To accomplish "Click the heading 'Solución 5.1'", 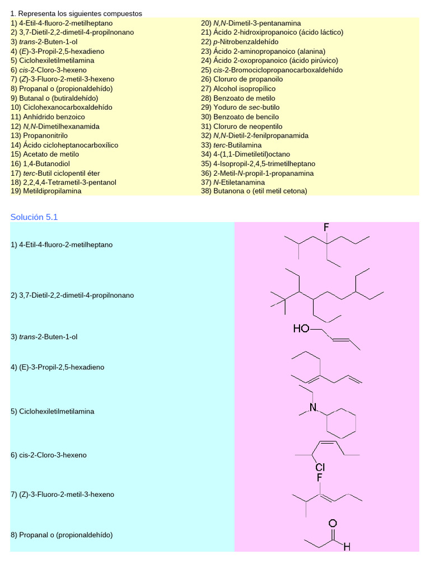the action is [x=34, y=217].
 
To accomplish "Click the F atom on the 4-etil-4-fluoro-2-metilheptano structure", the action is [x=326, y=227].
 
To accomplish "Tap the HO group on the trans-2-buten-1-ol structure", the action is [x=301, y=329].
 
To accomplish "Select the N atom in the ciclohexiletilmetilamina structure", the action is [x=313, y=407].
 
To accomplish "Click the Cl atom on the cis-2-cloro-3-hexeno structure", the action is [x=320, y=467].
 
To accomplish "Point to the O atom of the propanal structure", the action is [x=333, y=524].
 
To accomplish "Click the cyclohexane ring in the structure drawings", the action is [x=341, y=423].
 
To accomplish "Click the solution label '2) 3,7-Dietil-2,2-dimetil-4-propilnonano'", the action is [x=72, y=295].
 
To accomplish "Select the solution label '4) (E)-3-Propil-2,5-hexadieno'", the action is [x=57, y=367].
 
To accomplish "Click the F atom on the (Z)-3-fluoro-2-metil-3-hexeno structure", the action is [x=320, y=478].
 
